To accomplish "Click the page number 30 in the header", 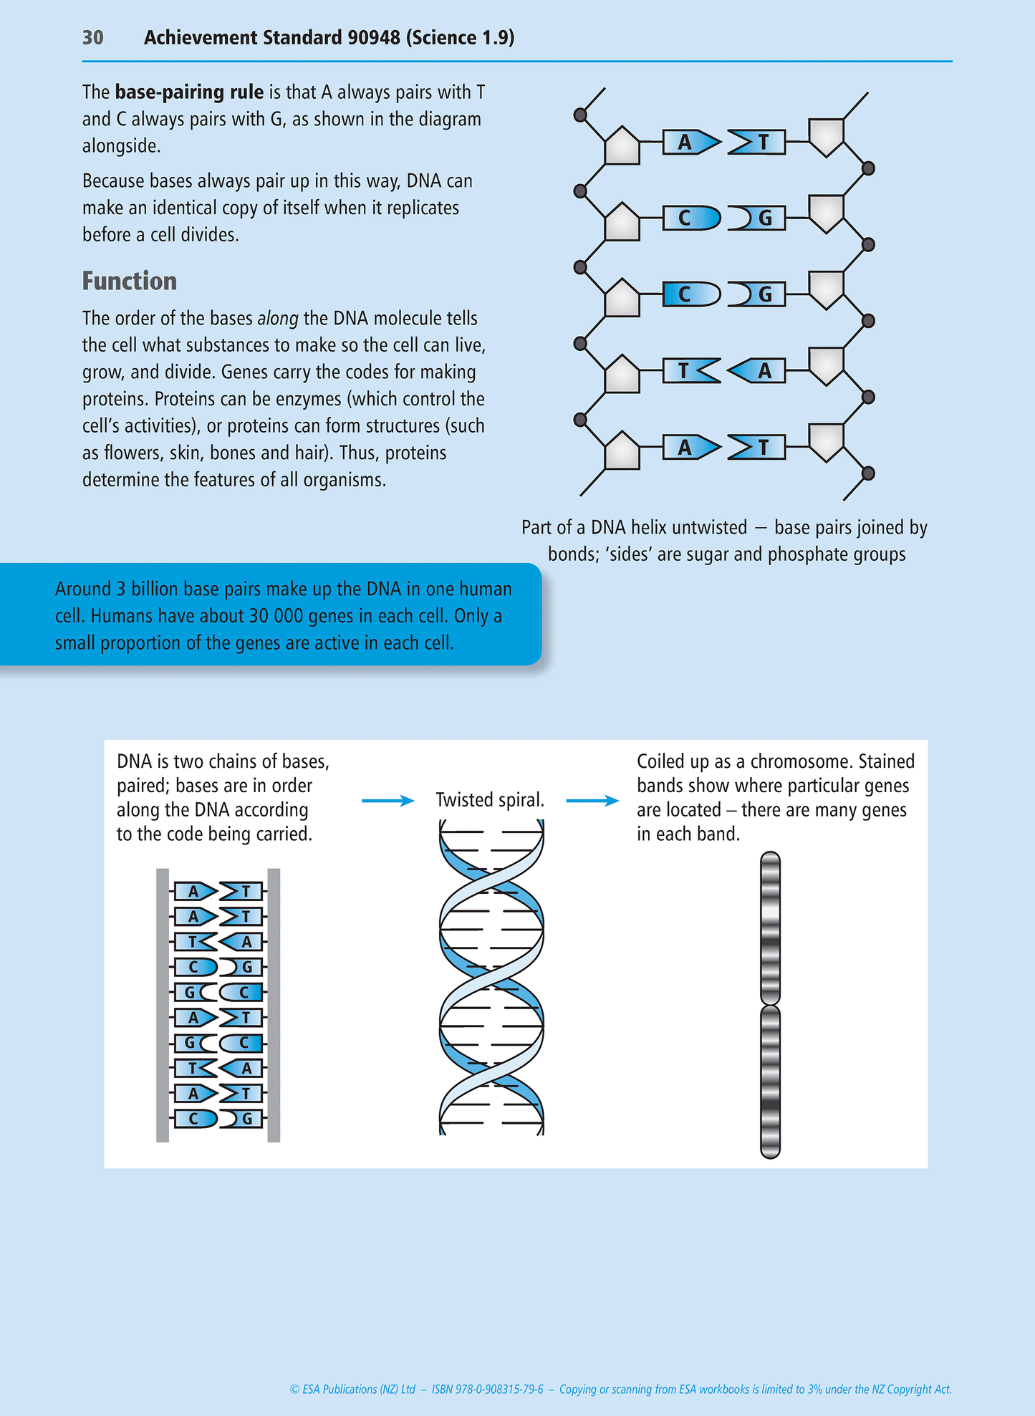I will pos(93,37).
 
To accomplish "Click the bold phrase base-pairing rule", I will pos(189,92).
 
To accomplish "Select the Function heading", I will pos(129,281).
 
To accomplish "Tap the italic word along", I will pos(278,318).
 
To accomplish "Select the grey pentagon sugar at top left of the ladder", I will pos(622,146).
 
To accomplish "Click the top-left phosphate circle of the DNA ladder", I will pos(581,115).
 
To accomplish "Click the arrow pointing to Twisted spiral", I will pos(387,801).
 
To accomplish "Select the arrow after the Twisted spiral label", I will pos(592,801).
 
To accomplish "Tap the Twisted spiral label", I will pos(490,800).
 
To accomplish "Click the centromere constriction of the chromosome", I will pos(770,1004).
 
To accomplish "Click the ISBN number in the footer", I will pos(487,1389).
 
